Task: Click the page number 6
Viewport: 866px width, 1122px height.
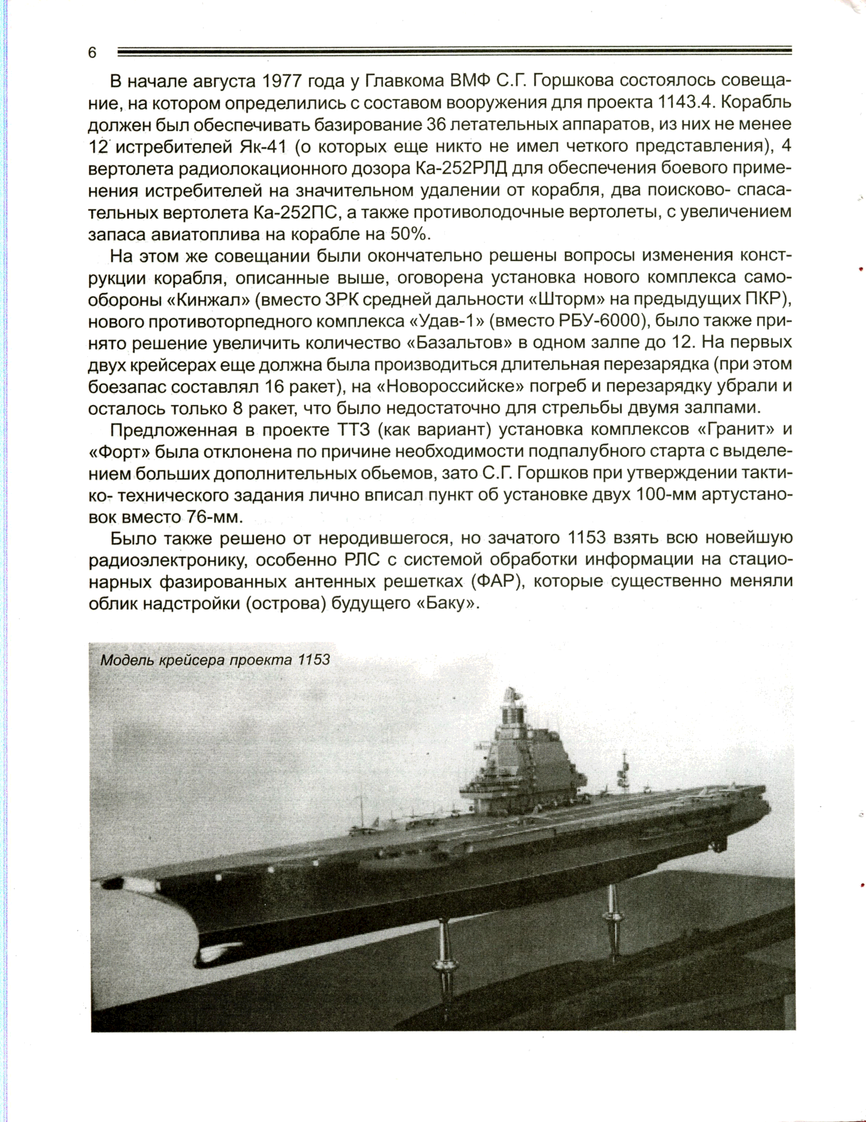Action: pyautogui.click(x=92, y=52)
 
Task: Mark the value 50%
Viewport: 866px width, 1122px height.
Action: pyautogui.click(x=409, y=234)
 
